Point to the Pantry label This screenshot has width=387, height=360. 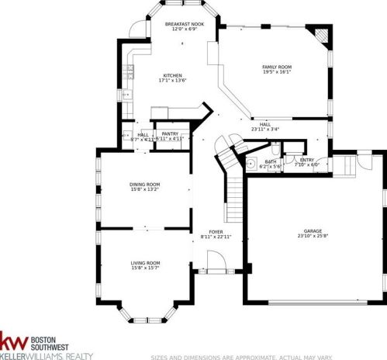170,133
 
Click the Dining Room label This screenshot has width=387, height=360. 144,183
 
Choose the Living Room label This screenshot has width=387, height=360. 145,263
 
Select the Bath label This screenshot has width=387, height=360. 271,161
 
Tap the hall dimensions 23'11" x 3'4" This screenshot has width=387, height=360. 264,129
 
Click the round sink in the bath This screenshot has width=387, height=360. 253,164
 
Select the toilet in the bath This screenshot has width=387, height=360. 277,149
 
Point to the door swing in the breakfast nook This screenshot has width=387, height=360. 137,29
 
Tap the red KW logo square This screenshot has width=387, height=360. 14,343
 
